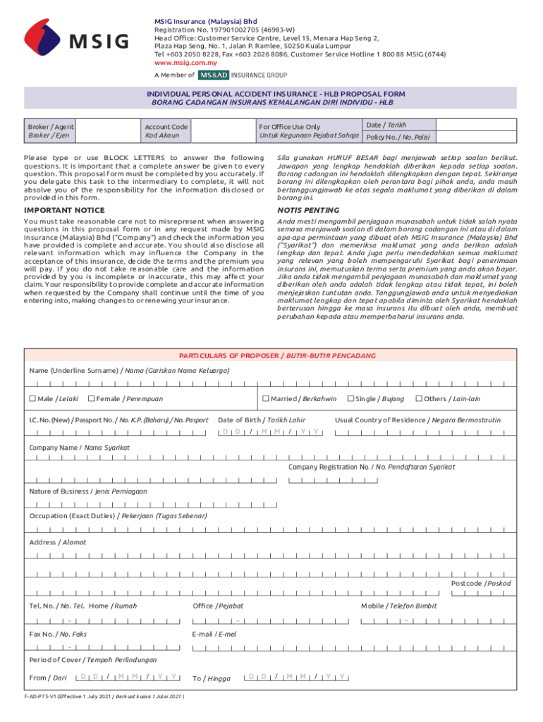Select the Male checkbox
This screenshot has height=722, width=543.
click(32, 399)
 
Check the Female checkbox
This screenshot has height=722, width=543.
click(91, 399)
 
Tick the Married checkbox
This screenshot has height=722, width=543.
click(266, 399)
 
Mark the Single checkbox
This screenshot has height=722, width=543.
click(350, 399)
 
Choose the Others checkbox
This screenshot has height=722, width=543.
click(419, 399)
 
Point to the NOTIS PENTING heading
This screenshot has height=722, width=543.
click(308, 210)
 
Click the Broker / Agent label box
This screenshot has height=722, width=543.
click(49, 130)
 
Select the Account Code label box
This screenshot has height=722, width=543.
click(166, 130)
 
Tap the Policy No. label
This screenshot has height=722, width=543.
click(398, 137)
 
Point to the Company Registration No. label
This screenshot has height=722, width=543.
click(372, 467)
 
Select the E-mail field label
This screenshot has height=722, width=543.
click(214, 634)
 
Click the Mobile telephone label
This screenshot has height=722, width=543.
click(398, 606)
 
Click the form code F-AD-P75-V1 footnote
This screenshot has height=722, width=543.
click(104, 695)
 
